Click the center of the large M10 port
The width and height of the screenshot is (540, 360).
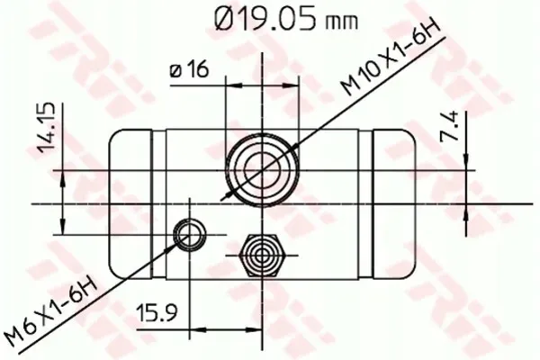(263, 167)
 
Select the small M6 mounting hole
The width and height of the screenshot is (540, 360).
(188, 235)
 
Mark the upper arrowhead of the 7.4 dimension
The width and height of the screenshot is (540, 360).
(468, 161)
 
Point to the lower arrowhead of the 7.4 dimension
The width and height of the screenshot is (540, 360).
(468, 210)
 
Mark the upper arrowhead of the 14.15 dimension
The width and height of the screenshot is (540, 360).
(61, 175)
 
